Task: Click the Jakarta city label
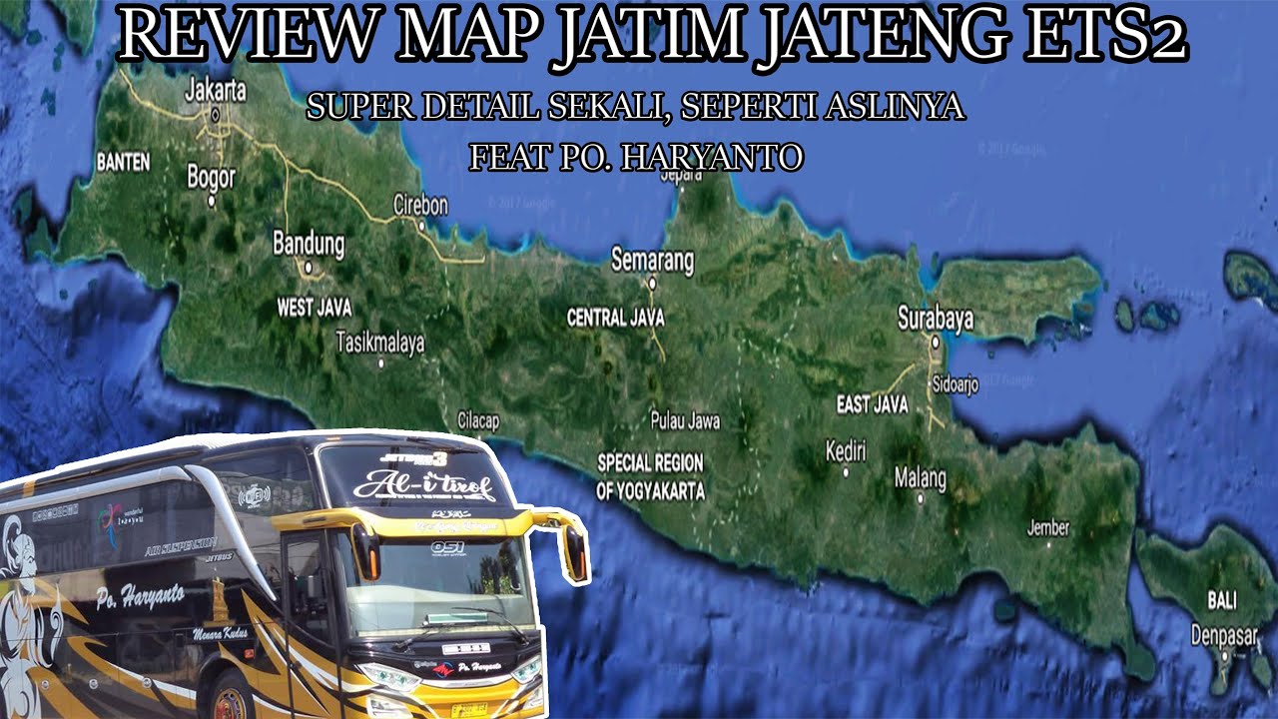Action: coord(216,90)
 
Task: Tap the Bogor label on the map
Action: coord(212,178)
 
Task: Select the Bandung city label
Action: coord(309,244)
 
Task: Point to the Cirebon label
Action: coord(420,205)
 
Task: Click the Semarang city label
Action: coord(652,261)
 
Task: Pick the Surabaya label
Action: coord(935,319)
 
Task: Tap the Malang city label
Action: coord(920,478)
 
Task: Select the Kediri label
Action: coord(846,450)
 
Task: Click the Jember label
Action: coord(1047,527)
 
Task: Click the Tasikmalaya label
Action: coord(379,343)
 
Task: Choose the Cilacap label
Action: coord(477,421)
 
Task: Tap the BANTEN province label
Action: coord(123,161)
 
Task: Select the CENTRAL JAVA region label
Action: coord(615,318)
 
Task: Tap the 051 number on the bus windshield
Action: coord(447,547)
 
